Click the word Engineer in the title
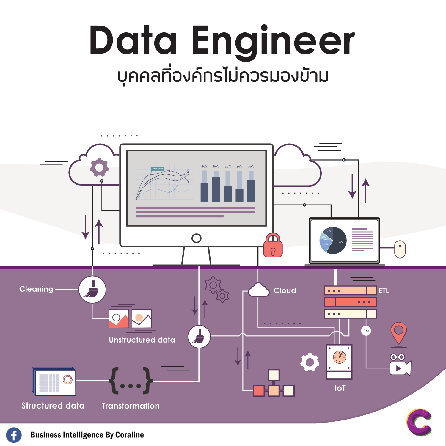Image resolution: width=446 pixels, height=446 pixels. point(273,41)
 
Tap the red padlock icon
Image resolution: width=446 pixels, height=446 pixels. point(273,246)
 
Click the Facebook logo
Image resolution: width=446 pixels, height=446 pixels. point(14,435)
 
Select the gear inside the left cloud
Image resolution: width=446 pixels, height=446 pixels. point(99,167)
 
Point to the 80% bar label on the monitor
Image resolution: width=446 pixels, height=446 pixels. point(216,167)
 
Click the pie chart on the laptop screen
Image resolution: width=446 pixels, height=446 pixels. point(333,240)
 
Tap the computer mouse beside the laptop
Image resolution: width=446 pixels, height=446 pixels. point(400,249)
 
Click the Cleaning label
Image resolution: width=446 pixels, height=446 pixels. point(36,289)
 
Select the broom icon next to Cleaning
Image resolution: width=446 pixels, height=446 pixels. point(92,289)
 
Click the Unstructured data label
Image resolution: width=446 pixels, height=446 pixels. point(142,340)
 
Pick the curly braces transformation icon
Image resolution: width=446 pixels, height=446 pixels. point(131,381)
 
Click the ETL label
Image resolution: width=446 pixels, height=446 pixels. point(384,290)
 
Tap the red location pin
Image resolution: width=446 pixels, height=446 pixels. point(398,332)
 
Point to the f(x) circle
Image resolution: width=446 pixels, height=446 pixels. point(366,331)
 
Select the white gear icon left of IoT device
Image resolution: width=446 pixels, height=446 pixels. point(310,362)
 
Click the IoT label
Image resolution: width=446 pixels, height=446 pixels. point(340,388)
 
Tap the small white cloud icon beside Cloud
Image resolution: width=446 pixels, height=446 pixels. point(259,290)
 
